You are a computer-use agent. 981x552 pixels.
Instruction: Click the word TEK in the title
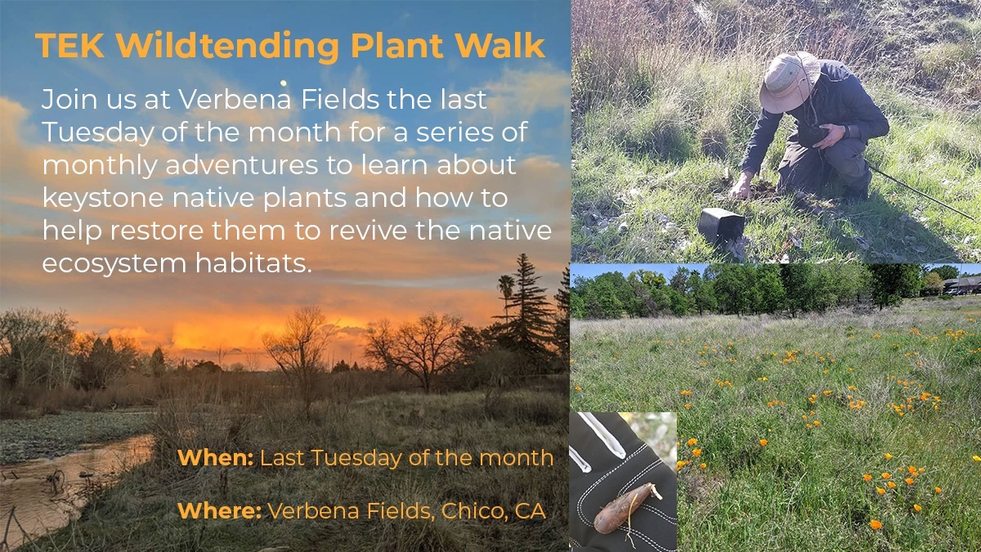pyautogui.click(x=70, y=45)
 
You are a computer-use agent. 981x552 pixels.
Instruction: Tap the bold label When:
pyautogui.click(x=216, y=458)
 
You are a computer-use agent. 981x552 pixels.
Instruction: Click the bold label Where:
pyautogui.click(x=219, y=511)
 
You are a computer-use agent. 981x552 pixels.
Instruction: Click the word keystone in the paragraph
pyautogui.click(x=103, y=199)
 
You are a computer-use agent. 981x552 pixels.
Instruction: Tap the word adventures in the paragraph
pyautogui.click(x=241, y=165)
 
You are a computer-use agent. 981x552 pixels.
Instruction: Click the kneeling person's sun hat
pyautogui.click(x=790, y=82)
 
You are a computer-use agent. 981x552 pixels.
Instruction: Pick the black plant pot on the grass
pyautogui.click(x=721, y=227)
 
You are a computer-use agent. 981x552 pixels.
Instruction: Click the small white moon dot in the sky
pyautogui.click(x=284, y=83)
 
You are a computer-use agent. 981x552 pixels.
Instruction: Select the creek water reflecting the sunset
pyautogui.click(x=65, y=478)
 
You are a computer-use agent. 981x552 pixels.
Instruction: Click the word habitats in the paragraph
pyautogui.click(x=253, y=263)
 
